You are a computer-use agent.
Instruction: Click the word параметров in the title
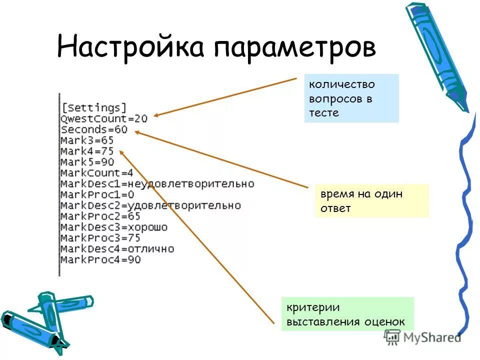tap(295, 48)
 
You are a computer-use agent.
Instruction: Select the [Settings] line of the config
tap(93, 107)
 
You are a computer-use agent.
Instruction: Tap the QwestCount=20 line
tap(104, 118)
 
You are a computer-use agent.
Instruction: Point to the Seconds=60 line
tap(94, 129)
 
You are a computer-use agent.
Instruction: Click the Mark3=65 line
tap(87, 140)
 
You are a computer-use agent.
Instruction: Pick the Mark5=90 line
tap(87, 162)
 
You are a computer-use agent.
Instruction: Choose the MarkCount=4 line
tap(96, 173)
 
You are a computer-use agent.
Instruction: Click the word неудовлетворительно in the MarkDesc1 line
tap(194, 184)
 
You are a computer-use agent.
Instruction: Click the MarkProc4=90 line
tap(100, 259)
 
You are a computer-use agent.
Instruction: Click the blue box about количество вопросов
tap(351, 98)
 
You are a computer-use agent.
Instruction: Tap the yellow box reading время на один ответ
tap(371, 200)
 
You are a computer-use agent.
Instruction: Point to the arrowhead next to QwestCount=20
tap(156, 115)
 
